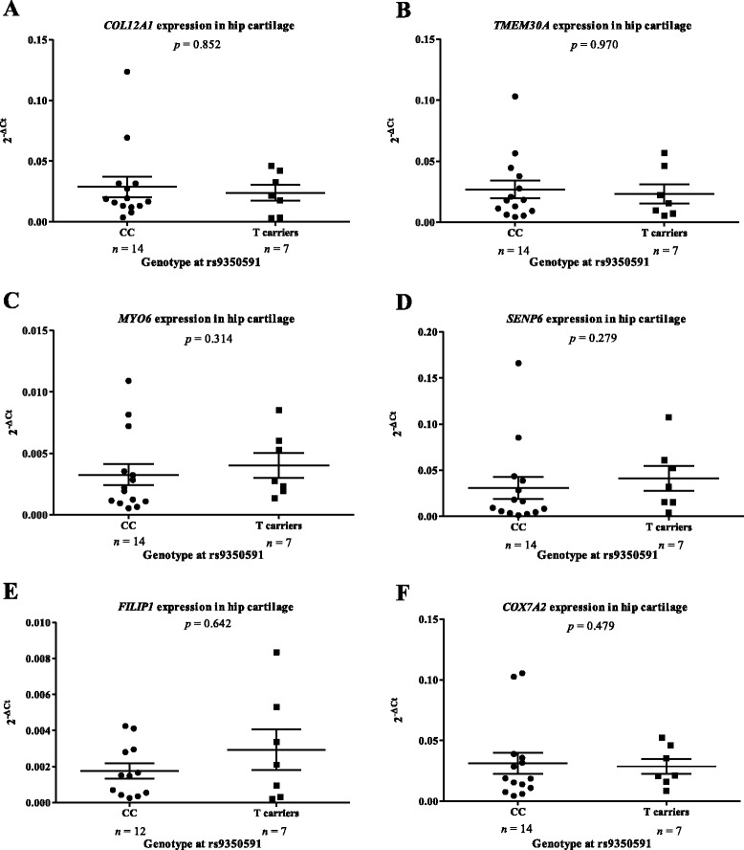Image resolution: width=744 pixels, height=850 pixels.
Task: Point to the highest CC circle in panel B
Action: click(514, 97)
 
